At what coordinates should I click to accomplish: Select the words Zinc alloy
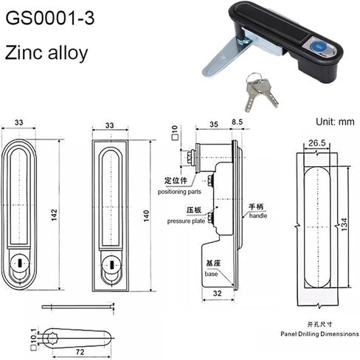49,55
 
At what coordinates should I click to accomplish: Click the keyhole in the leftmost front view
18,261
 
